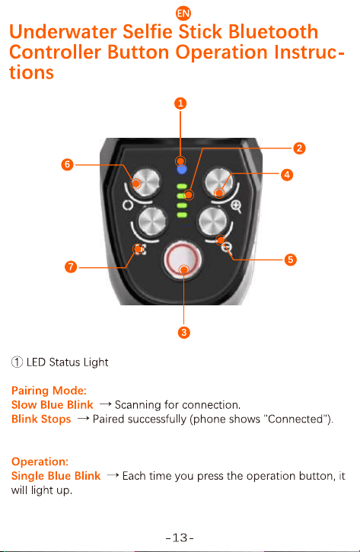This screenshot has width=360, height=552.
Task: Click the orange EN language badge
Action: (x=183, y=14)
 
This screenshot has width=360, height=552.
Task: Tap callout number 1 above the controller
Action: (x=180, y=104)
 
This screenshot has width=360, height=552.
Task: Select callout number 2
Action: (x=299, y=148)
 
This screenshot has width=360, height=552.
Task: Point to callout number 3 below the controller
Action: (x=183, y=333)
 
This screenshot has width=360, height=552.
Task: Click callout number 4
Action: (x=287, y=174)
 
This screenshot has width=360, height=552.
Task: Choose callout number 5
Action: (x=290, y=260)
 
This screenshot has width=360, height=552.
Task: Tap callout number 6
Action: (x=67, y=164)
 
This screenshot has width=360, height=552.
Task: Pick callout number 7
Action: (x=71, y=266)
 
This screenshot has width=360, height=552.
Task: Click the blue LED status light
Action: (x=182, y=170)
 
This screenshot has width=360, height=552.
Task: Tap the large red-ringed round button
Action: (x=182, y=259)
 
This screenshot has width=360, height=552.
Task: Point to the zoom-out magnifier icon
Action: (x=227, y=248)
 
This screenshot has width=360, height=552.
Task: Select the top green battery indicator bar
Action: (x=182, y=187)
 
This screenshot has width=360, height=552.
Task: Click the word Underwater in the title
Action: (x=62, y=32)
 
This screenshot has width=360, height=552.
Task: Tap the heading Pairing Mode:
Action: (x=49, y=391)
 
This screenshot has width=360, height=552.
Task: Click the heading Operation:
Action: (x=40, y=461)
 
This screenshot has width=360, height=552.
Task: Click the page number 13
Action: (x=180, y=538)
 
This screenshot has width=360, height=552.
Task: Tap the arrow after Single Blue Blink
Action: (x=112, y=475)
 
